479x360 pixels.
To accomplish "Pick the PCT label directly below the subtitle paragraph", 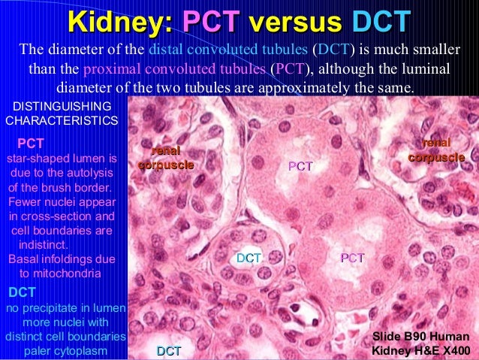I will click(300, 166).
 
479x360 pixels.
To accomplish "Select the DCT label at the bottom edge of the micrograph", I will click(169, 351).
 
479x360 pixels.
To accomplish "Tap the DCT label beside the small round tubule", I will click(249, 258).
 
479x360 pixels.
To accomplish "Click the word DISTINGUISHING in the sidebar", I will click(59, 106).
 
